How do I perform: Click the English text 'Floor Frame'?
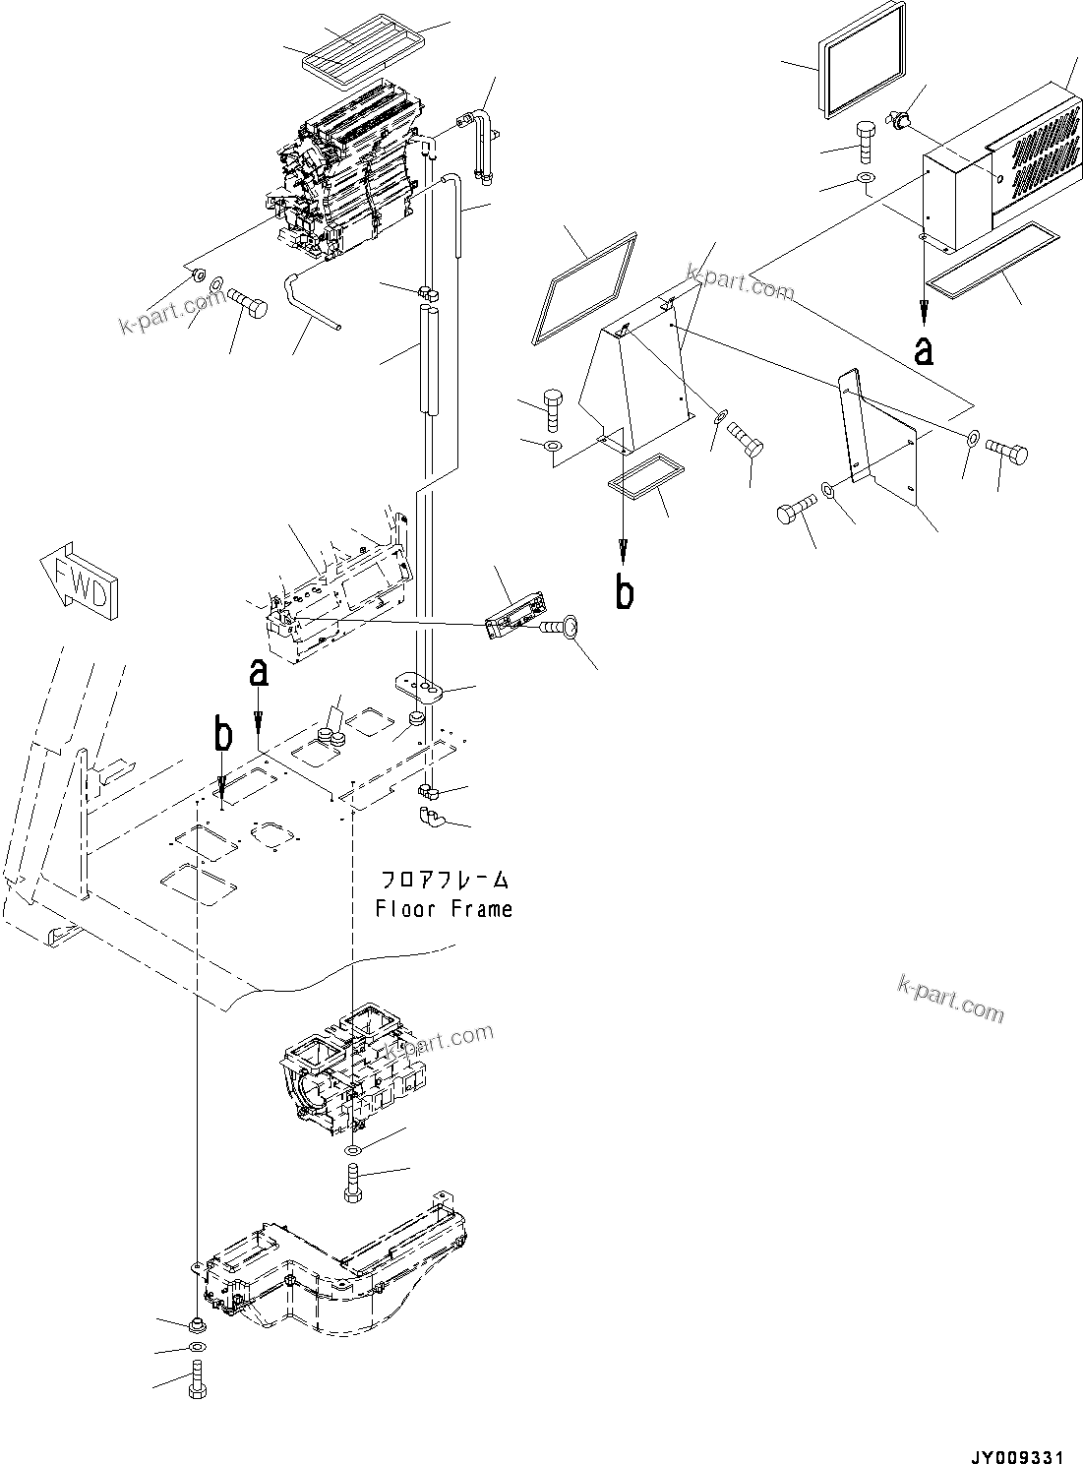click(x=444, y=909)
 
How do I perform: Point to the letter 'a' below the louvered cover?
click(x=923, y=349)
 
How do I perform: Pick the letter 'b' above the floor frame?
click(x=224, y=735)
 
